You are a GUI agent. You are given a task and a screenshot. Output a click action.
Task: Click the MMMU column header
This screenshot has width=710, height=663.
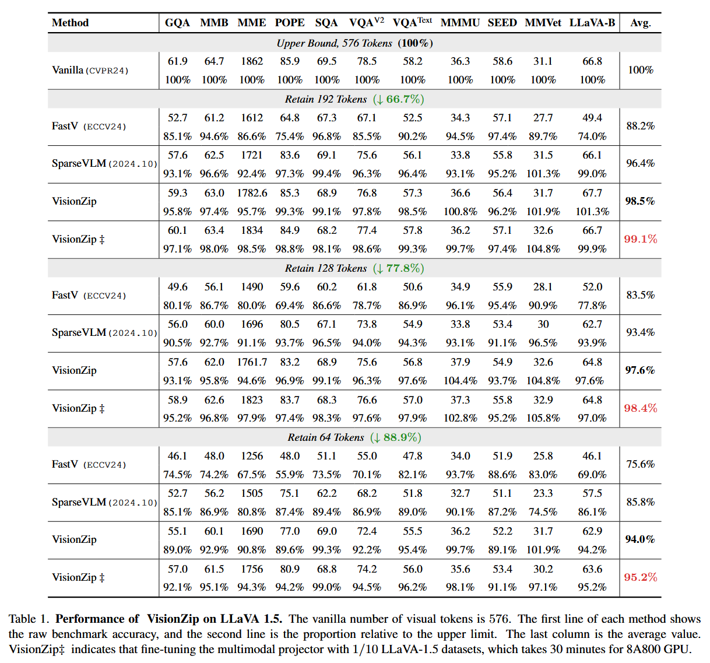coord(460,23)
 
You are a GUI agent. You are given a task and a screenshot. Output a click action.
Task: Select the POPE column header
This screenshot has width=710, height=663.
coord(290,23)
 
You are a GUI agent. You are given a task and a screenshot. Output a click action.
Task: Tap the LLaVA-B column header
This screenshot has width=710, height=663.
coord(592,23)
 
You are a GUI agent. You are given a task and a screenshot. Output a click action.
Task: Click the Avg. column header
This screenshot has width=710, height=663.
coord(640,23)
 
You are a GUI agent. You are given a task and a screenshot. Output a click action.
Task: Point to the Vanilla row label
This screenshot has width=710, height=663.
coord(68,70)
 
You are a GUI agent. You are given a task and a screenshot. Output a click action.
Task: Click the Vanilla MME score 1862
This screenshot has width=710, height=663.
coord(252,61)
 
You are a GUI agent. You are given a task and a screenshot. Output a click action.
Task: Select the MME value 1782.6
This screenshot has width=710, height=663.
coord(252,193)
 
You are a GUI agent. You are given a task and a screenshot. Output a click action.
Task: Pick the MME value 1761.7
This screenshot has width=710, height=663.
coord(252,362)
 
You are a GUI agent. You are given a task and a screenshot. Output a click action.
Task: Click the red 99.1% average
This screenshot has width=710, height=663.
coord(640,239)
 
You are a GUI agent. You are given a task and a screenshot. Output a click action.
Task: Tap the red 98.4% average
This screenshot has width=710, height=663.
coord(640,408)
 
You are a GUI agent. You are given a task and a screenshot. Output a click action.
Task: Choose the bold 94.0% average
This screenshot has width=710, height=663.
coord(640,539)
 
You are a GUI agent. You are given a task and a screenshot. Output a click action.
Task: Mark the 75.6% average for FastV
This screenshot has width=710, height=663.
coord(640,464)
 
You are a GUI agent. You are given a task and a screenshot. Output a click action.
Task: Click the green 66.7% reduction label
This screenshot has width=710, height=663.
coord(398,99)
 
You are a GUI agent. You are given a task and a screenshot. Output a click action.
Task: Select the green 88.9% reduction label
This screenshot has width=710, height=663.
coord(395,437)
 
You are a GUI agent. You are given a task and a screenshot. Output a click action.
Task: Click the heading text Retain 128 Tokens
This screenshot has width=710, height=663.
coord(326,268)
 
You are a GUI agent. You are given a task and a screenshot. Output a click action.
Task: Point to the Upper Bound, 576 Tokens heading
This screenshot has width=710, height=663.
coord(334,43)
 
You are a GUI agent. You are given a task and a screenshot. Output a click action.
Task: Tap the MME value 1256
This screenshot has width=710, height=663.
coord(252,456)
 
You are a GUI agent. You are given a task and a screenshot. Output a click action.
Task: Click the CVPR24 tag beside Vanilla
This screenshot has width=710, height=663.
coord(107,71)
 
